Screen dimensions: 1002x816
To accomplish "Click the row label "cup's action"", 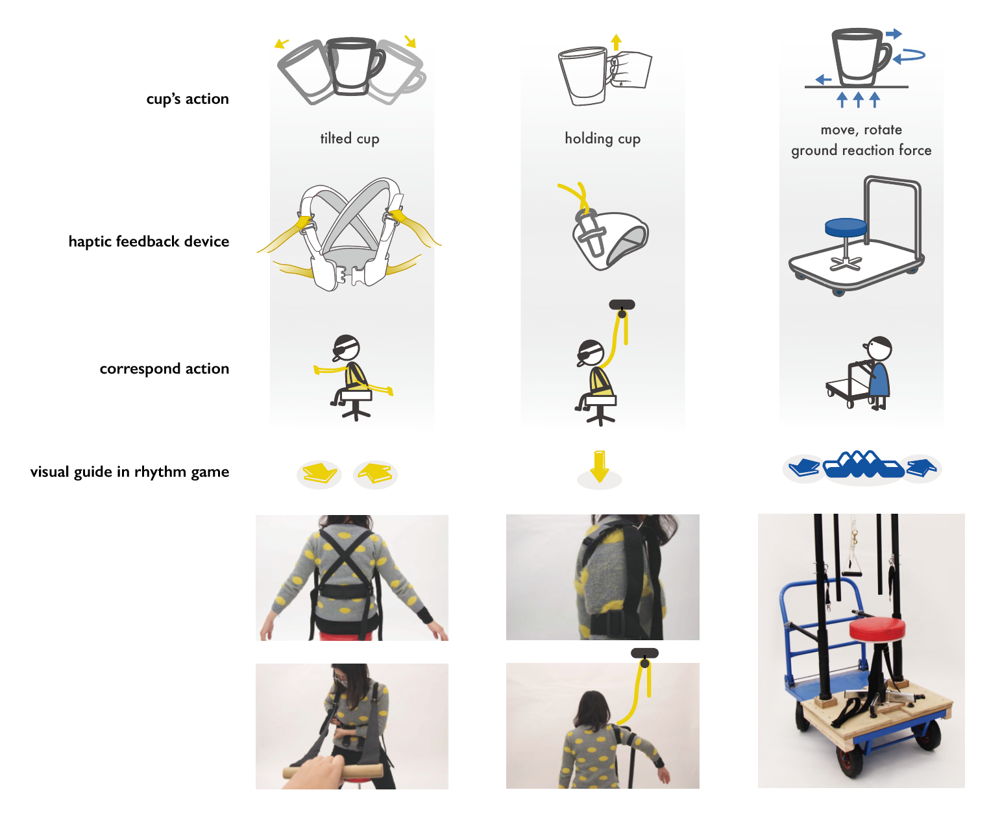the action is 188,99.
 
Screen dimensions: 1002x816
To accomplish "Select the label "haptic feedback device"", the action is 149,241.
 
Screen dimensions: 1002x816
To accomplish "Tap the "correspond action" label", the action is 164,368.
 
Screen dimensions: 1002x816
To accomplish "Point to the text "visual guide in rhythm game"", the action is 129,472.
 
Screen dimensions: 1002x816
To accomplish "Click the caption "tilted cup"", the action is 350,138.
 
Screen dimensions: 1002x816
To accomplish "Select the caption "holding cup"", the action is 602,138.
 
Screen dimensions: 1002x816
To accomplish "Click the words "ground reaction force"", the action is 861,150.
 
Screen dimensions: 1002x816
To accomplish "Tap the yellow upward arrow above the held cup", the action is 617,42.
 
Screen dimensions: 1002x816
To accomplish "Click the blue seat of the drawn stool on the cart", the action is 846,227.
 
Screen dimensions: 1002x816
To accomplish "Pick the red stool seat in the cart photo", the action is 877,627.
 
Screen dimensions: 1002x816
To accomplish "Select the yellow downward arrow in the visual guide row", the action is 600,466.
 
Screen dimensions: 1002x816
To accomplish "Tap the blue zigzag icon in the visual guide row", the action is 863,464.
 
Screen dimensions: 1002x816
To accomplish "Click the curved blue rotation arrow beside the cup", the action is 910,56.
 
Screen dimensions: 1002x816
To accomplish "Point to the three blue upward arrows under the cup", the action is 858,99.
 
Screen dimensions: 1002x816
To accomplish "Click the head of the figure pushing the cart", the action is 880,348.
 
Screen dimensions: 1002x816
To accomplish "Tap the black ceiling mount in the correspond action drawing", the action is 622,305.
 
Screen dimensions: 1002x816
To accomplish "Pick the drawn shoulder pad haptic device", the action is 610,237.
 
